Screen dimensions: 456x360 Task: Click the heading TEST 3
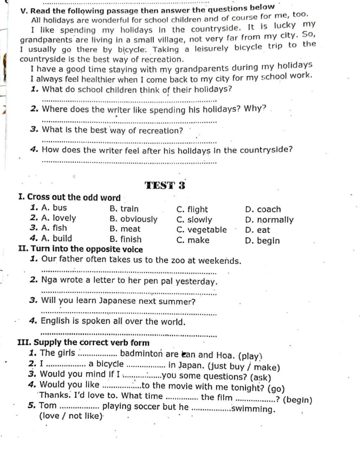(x=165, y=185)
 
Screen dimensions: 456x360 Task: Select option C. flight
(x=192, y=209)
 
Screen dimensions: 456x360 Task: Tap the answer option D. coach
(x=263, y=209)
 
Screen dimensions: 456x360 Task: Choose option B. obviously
(x=134, y=219)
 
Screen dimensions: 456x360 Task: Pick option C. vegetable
(x=201, y=230)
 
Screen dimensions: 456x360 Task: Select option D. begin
(x=262, y=241)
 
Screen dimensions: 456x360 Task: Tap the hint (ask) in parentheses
(x=261, y=377)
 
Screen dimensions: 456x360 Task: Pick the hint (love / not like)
(x=71, y=416)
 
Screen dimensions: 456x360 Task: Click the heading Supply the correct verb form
(x=91, y=343)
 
